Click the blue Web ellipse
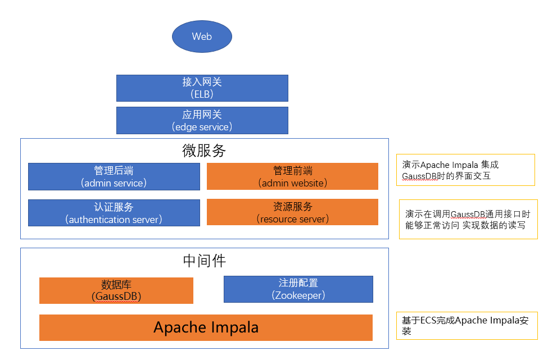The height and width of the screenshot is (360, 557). [x=202, y=37]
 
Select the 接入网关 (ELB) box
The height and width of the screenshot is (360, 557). [x=202, y=88]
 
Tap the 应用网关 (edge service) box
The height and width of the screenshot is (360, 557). [x=202, y=121]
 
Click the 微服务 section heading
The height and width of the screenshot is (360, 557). [x=204, y=151]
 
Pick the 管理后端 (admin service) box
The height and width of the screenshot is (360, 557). [x=114, y=177]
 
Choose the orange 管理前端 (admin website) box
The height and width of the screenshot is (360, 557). [x=292, y=177]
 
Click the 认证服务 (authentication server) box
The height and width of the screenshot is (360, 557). [x=114, y=213]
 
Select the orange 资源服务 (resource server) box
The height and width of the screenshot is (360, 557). [x=292, y=212]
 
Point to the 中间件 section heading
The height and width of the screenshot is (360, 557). [x=204, y=261]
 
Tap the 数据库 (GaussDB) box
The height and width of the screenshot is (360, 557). [x=116, y=290]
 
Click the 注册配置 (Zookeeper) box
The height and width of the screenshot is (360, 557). [x=298, y=289]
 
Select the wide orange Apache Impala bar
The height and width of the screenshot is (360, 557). [x=206, y=327]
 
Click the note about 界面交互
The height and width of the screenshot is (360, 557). [x=465, y=170]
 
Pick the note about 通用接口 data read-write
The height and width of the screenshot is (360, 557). [x=468, y=220]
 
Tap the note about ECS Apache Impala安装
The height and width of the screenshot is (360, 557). [x=467, y=326]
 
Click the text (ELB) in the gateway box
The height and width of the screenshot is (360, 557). [x=202, y=94]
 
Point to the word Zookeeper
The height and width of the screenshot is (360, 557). [x=298, y=295]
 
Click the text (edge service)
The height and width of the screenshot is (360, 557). [x=202, y=127]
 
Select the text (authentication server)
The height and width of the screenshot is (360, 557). [x=114, y=220]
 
